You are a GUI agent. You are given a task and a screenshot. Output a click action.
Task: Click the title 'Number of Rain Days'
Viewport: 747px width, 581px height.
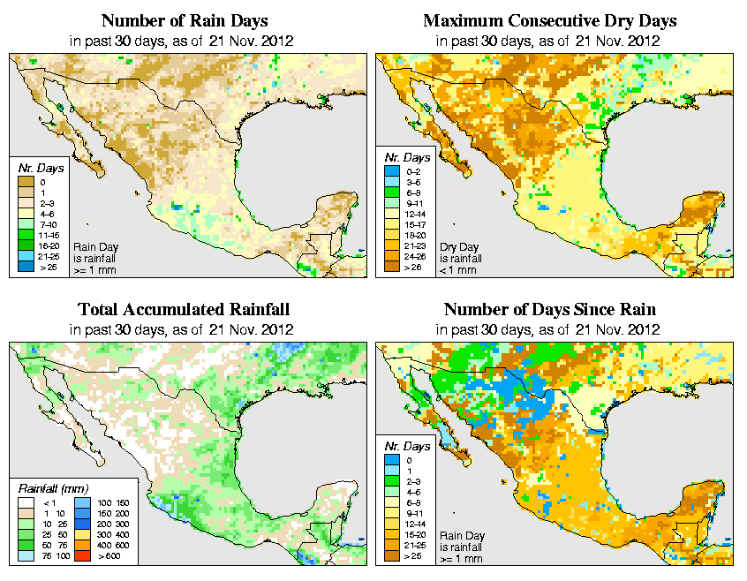pyautogui.click(x=185, y=20)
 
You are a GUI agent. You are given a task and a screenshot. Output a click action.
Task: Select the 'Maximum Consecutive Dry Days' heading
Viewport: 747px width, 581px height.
pyautogui.click(x=550, y=20)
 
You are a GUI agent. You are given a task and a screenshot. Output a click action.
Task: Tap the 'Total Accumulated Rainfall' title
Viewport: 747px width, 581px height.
pyautogui.click(x=184, y=310)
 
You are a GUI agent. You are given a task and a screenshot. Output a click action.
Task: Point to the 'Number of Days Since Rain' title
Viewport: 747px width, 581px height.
pyautogui.click(x=550, y=310)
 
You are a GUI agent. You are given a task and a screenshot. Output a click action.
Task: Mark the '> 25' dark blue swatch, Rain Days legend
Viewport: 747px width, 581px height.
pyautogui.click(x=26, y=267)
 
